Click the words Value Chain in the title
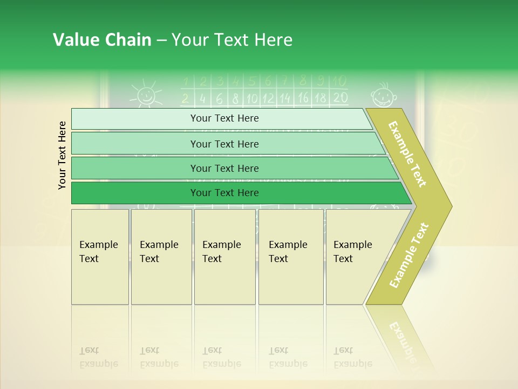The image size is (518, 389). [x=102, y=40]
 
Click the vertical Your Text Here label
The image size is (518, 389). [x=62, y=155]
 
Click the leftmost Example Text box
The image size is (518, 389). [x=100, y=257]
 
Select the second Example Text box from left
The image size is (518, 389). [x=161, y=257]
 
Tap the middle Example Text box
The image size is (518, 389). [x=224, y=257]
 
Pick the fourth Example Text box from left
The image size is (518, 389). [x=290, y=257]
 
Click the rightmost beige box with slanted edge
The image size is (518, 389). [x=353, y=257]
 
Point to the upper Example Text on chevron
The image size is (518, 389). [x=408, y=154]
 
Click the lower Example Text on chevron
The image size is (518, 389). [x=409, y=255]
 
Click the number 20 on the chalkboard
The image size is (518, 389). [x=340, y=98]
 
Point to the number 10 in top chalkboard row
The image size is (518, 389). [x=339, y=81]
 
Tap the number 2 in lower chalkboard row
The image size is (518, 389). [x=185, y=98]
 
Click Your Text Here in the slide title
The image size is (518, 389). [x=232, y=40]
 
